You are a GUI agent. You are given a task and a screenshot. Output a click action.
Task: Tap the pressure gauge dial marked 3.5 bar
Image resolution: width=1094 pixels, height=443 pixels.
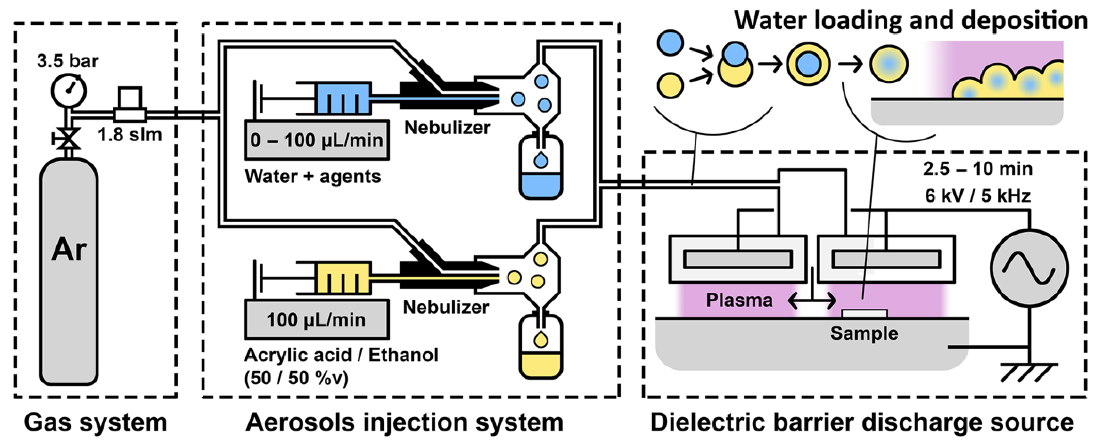coord(69,90)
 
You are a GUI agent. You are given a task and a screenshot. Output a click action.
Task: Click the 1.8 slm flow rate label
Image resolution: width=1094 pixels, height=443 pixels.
coord(130,135)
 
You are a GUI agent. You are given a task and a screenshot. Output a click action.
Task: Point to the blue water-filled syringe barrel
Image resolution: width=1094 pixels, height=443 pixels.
coord(342,98)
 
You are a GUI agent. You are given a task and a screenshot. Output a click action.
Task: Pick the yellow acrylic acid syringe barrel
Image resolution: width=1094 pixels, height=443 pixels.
coord(342,278)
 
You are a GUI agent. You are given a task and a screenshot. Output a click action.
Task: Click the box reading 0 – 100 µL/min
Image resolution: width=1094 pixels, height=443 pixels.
coord(317,140)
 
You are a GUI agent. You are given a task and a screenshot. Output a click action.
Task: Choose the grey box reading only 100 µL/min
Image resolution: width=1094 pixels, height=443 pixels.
coord(317,319)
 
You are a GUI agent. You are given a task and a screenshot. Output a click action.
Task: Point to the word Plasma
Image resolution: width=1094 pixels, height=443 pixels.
coord(739,300)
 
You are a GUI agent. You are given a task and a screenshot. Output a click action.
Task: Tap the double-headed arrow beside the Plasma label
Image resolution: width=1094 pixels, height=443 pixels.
coord(812,301)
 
